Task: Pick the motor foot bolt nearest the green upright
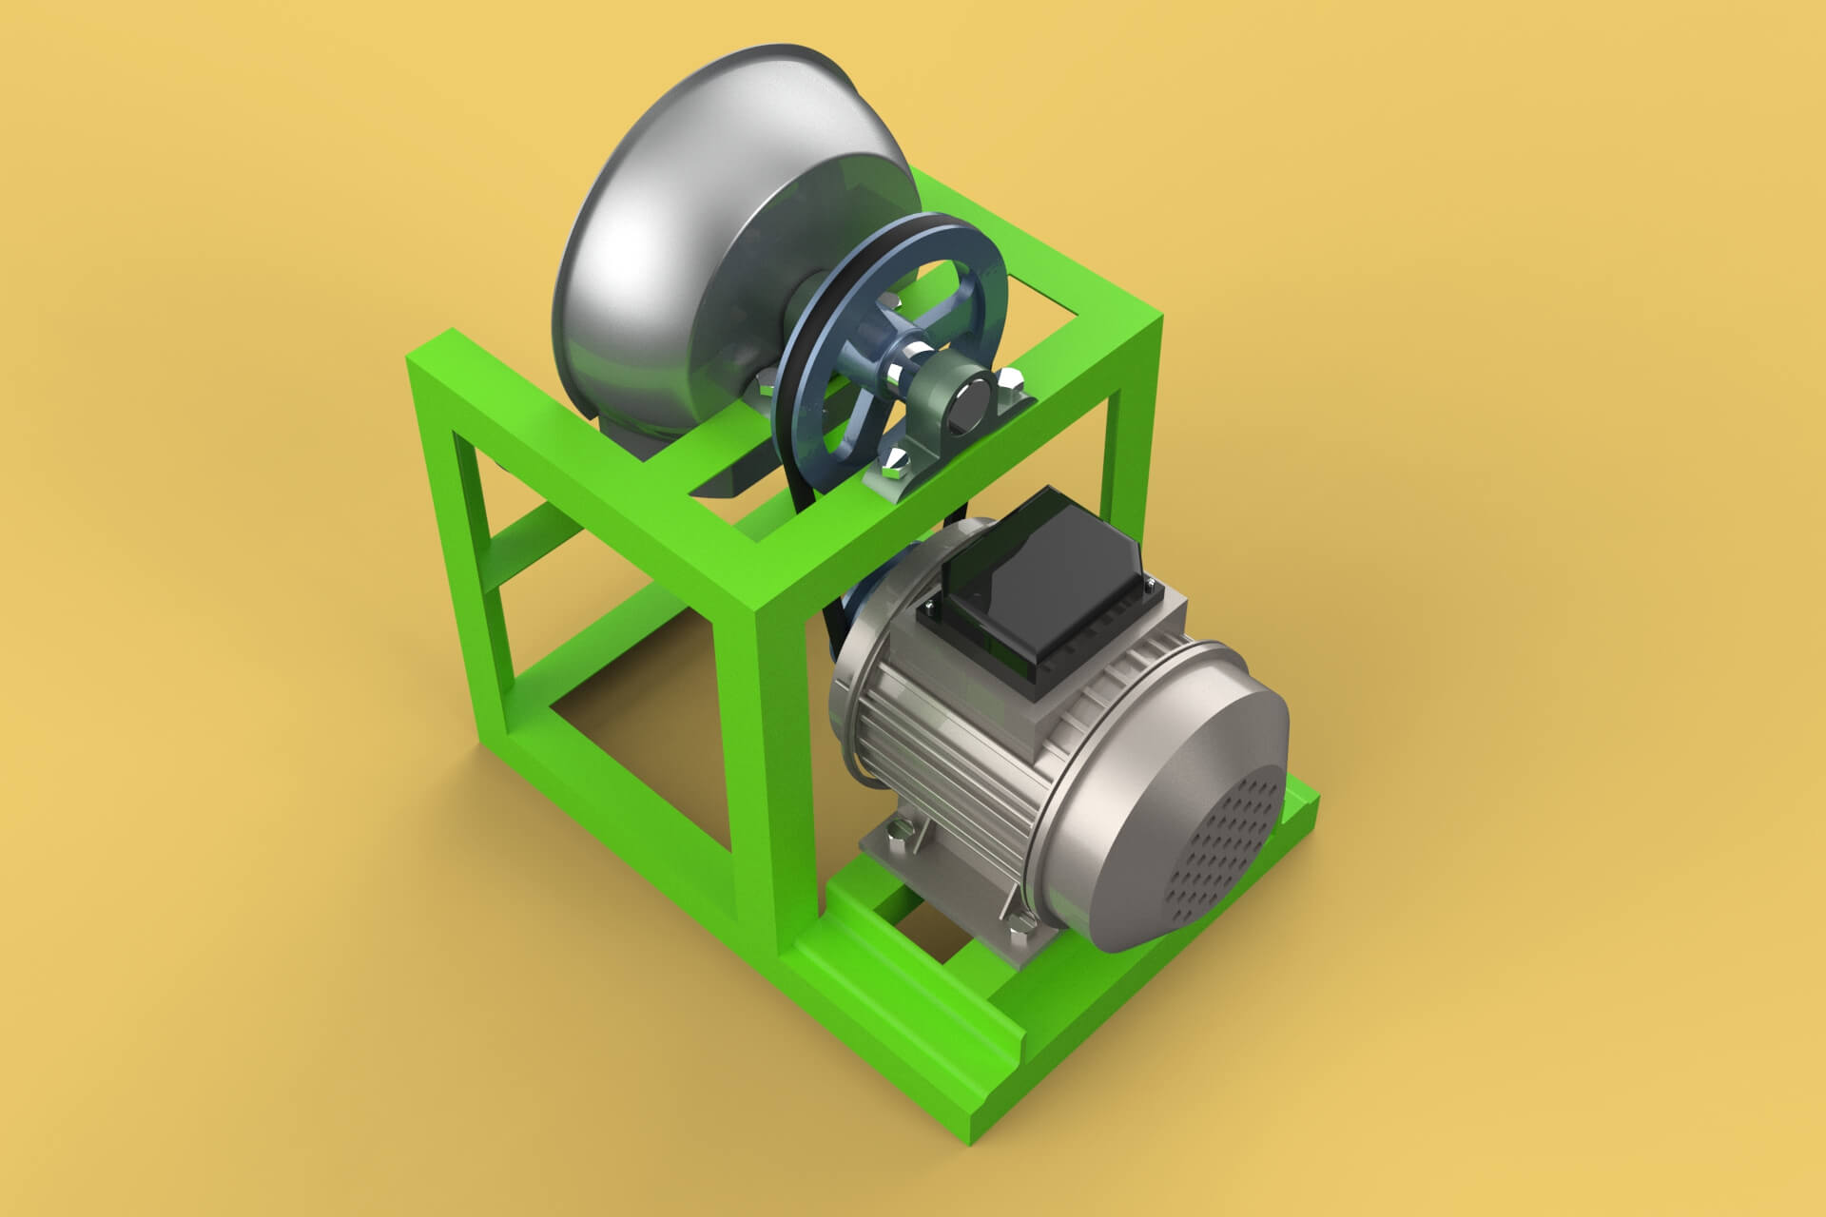895,836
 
